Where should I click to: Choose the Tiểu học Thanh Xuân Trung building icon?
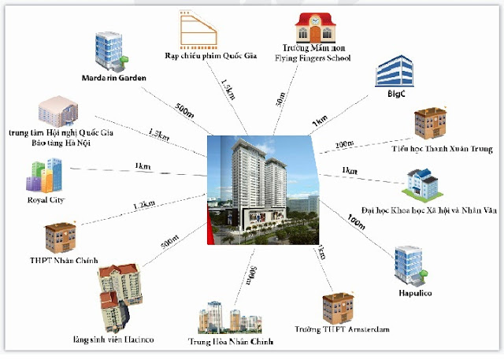click(430, 124)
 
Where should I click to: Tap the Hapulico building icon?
click(408, 264)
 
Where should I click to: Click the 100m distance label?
click(356, 220)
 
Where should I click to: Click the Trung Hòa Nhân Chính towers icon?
click(230, 317)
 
